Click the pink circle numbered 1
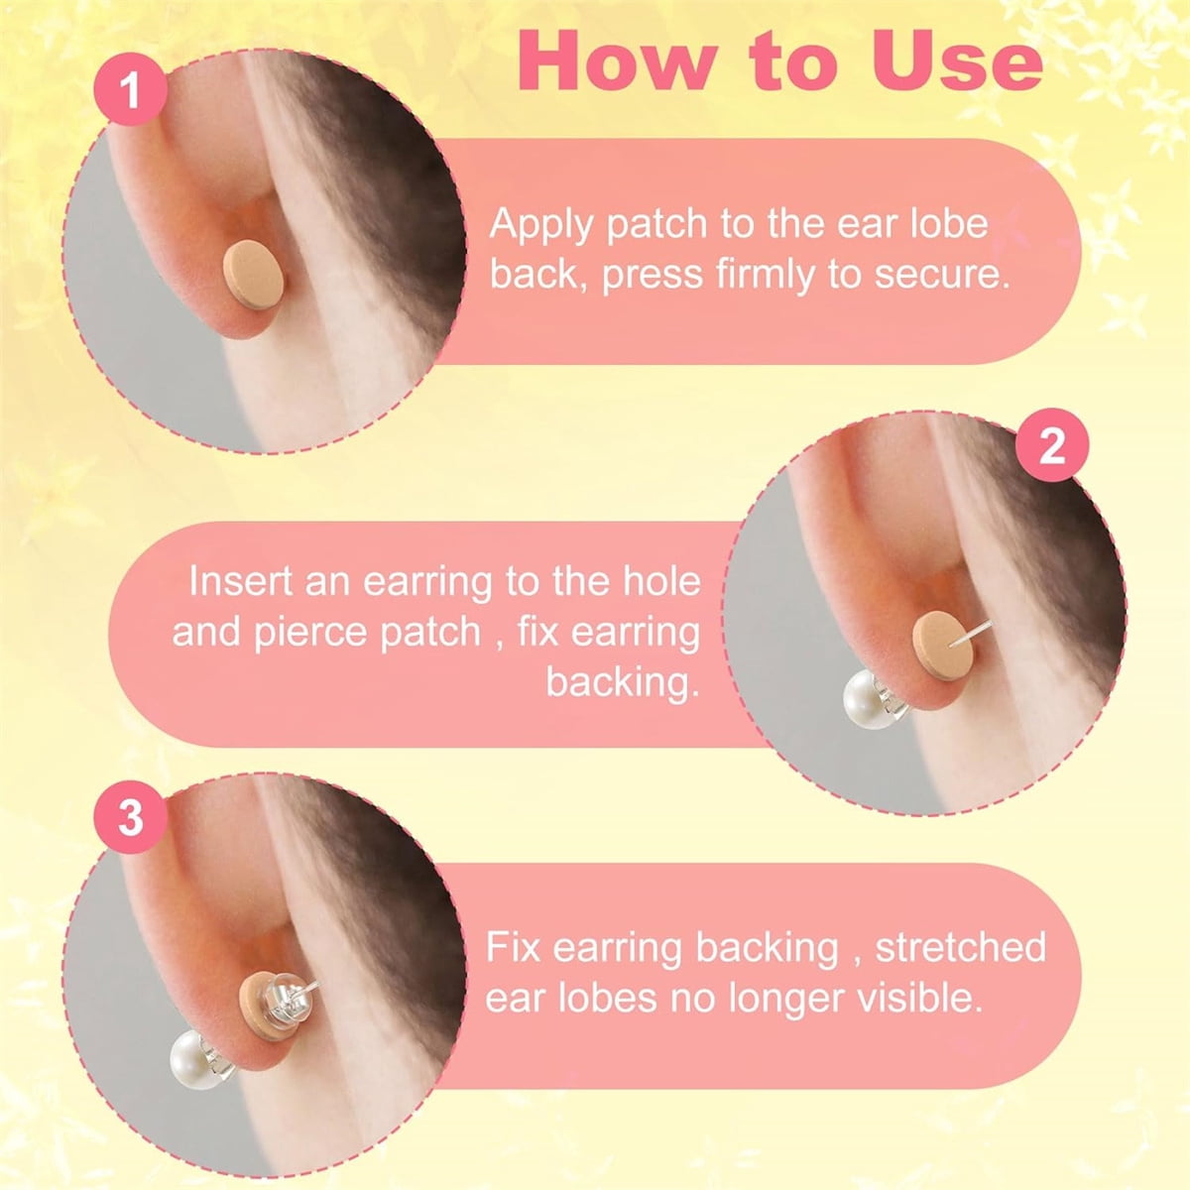(x=130, y=90)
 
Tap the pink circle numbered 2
(x=1052, y=444)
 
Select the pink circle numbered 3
(x=130, y=817)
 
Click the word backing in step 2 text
(x=623, y=684)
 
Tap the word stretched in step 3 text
(x=960, y=947)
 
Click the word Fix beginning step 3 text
(x=513, y=947)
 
